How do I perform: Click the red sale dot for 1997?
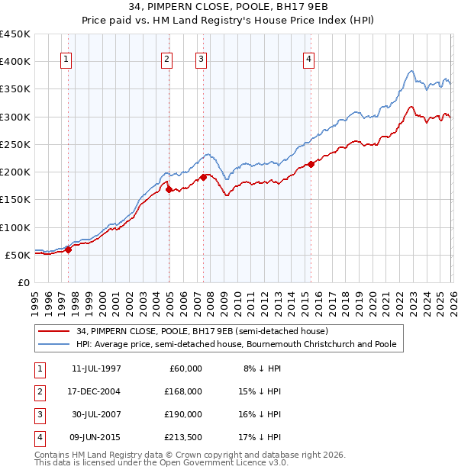pos(68,249)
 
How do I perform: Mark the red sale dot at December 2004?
pos(169,189)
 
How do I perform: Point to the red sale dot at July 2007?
pos(203,177)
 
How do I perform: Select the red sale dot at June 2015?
pos(311,164)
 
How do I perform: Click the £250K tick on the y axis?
pos(15,145)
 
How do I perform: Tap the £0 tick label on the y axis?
pos(23,283)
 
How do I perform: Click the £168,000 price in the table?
pos(184,391)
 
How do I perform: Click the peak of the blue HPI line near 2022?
pos(411,72)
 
